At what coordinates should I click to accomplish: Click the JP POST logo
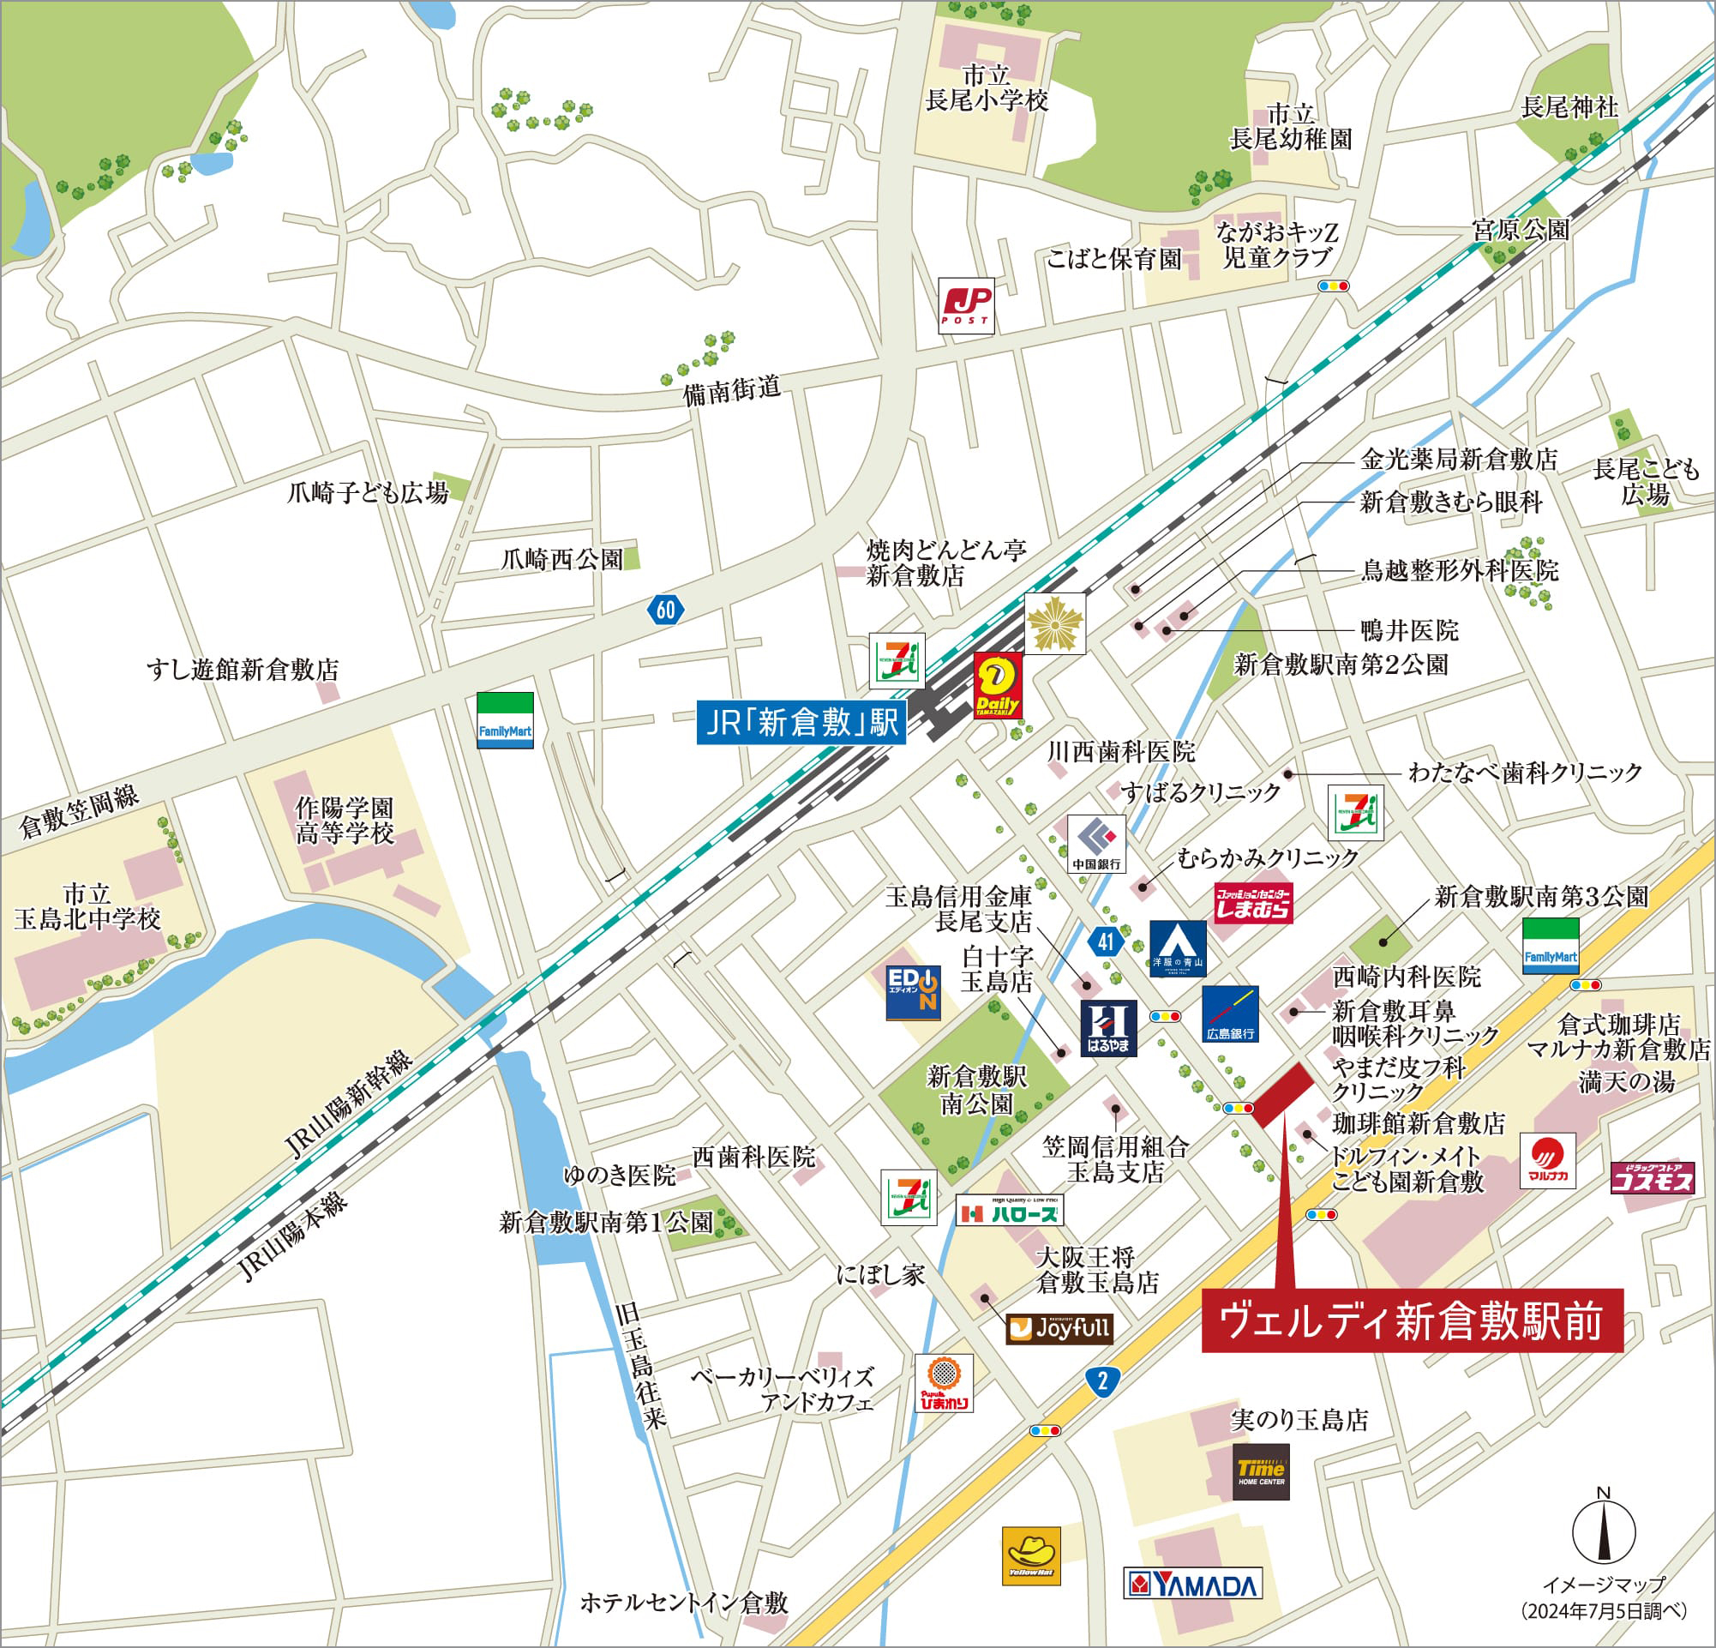(x=967, y=304)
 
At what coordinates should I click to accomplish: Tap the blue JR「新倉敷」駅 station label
(x=801, y=723)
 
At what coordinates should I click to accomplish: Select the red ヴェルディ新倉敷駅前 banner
(x=1412, y=1321)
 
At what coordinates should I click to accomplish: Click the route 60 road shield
(x=665, y=609)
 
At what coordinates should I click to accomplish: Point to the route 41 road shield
(x=1106, y=941)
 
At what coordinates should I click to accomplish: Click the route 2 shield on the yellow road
(x=1102, y=1382)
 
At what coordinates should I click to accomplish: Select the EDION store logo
(x=912, y=992)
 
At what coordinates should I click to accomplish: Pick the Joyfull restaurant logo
(x=1059, y=1329)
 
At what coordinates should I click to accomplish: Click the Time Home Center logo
(x=1261, y=1472)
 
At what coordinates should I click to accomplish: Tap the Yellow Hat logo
(x=1030, y=1556)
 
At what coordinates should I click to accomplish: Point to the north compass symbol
(x=1604, y=1529)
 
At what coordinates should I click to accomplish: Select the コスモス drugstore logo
(x=1652, y=1178)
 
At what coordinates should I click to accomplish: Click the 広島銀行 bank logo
(x=1230, y=1014)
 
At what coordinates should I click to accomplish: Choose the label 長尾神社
(x=1569, y=108)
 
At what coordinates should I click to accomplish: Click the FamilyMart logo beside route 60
(x=504, y=719)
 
